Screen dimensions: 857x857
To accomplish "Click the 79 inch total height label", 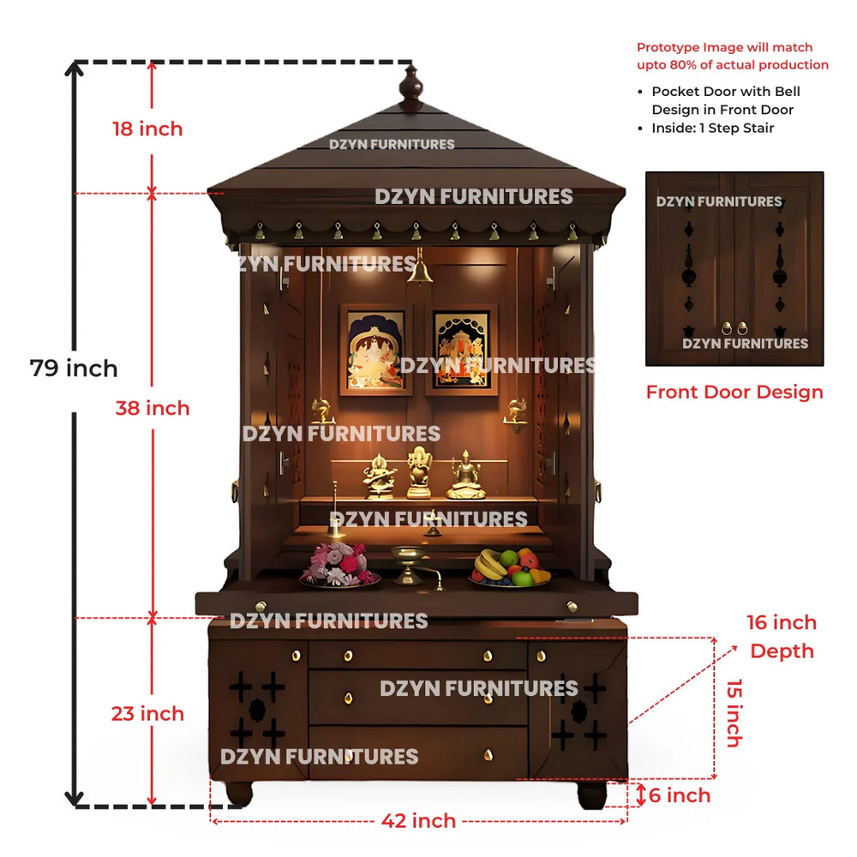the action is point(74,369).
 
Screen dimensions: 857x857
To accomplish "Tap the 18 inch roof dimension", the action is point(147,129).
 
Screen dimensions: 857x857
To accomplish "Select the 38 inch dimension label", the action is point(153,408).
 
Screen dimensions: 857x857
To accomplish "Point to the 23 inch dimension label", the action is point(147,714).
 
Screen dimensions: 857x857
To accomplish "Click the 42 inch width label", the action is point(419,821).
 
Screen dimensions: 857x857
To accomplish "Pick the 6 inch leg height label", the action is point(680,795).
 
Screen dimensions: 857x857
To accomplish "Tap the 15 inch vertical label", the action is point(734,713).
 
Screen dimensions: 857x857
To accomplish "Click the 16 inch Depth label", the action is point(782,637).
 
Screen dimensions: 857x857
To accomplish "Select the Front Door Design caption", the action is point(734,392).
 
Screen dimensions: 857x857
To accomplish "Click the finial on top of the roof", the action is point(411,87).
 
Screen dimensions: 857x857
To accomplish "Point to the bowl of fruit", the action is point(511,568).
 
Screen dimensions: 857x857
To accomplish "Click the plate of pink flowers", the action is point(339,566).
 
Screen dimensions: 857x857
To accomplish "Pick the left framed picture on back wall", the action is point(375,350).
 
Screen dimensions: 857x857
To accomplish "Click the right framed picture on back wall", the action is point(462,350).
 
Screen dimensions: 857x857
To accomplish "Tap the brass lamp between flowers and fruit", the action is point(409,566).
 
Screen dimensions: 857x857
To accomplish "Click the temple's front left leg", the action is point(239,794).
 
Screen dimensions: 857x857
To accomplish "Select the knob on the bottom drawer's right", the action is point(488,755).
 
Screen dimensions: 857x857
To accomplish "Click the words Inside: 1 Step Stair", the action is point(713,128).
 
